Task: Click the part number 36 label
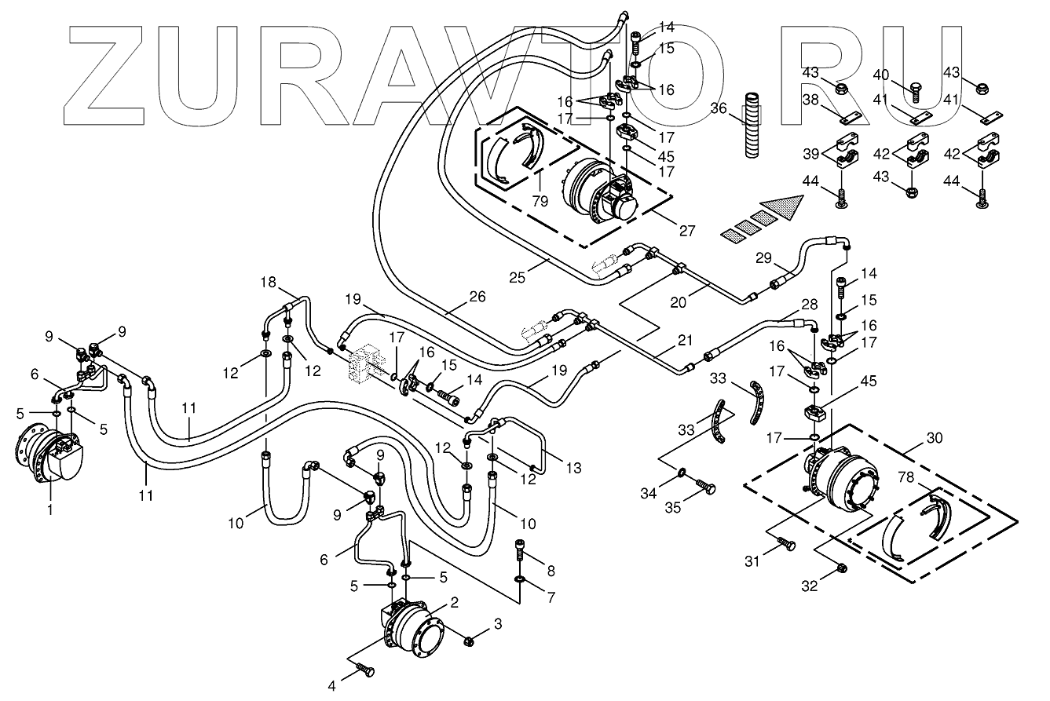click(717, 108)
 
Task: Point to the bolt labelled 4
click(365, 670)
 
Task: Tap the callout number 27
click(687, 231)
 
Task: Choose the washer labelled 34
click(682, 473)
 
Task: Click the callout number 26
click(477, 297)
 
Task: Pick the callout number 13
click(574, 469)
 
